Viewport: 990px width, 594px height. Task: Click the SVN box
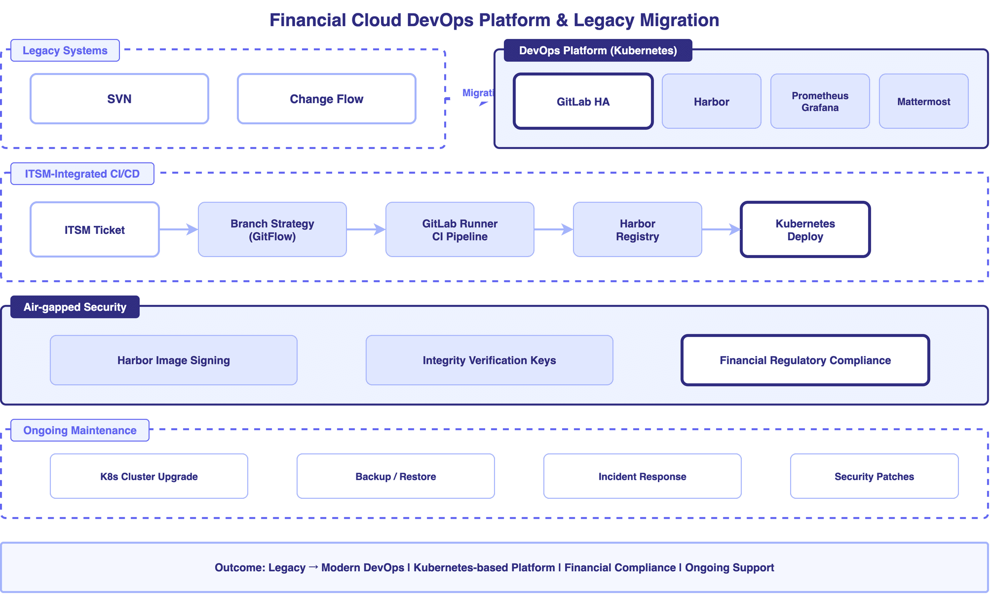119,99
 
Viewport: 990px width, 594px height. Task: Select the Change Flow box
326,99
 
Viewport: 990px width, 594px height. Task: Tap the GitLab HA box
583,102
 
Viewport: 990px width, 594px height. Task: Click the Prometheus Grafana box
820,102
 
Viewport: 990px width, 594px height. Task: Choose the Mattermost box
923,102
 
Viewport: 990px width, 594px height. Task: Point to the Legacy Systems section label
65,50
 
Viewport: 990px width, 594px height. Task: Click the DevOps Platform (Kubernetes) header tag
598,50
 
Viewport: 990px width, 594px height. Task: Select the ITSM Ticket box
94,229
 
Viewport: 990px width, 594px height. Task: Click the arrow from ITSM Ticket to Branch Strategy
178,229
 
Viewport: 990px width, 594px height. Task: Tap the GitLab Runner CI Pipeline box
459,229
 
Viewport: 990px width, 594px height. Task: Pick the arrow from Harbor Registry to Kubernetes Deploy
721,229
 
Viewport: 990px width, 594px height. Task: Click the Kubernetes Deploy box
805,229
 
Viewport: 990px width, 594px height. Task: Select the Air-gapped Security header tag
75,307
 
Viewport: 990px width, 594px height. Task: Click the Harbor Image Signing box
173,360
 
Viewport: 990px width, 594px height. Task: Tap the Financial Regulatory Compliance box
805,360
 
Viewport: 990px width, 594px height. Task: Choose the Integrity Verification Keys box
489,360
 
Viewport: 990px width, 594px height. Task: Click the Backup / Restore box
395,476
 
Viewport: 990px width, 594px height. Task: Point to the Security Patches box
874,476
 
